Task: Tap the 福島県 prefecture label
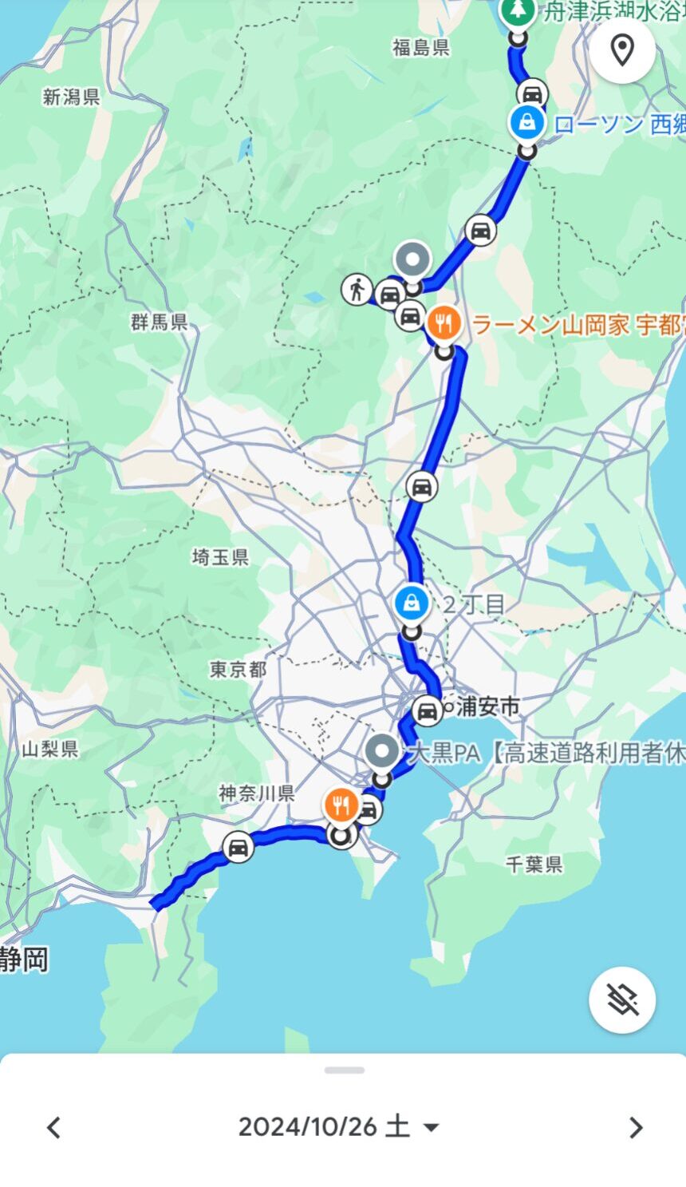[x=420, y=48]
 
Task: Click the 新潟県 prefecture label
[x=71, y=97]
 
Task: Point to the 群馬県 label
[x=160, y=322]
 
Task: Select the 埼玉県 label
[x=220, y=557]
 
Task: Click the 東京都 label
[x=238, y=670]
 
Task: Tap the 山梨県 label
[x=50, y=749]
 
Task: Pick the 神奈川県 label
[x=257, y=793]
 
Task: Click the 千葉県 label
[x=534, y=864]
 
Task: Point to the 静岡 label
[x=24, y=959]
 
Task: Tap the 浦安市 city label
[x=487, y=706]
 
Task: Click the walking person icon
[x=357, y=289]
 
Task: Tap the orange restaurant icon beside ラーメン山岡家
[x=444, y=323]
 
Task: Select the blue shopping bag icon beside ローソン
[x=527, y=122]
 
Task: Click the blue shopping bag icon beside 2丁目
[x=411, y=602]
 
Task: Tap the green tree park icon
[x=518, y=11]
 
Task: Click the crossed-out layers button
[x=622, y=999]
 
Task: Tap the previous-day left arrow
[x=53, y=1127]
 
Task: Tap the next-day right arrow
[x=635, y=1127]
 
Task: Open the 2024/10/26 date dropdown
[x=339, y=1126]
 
